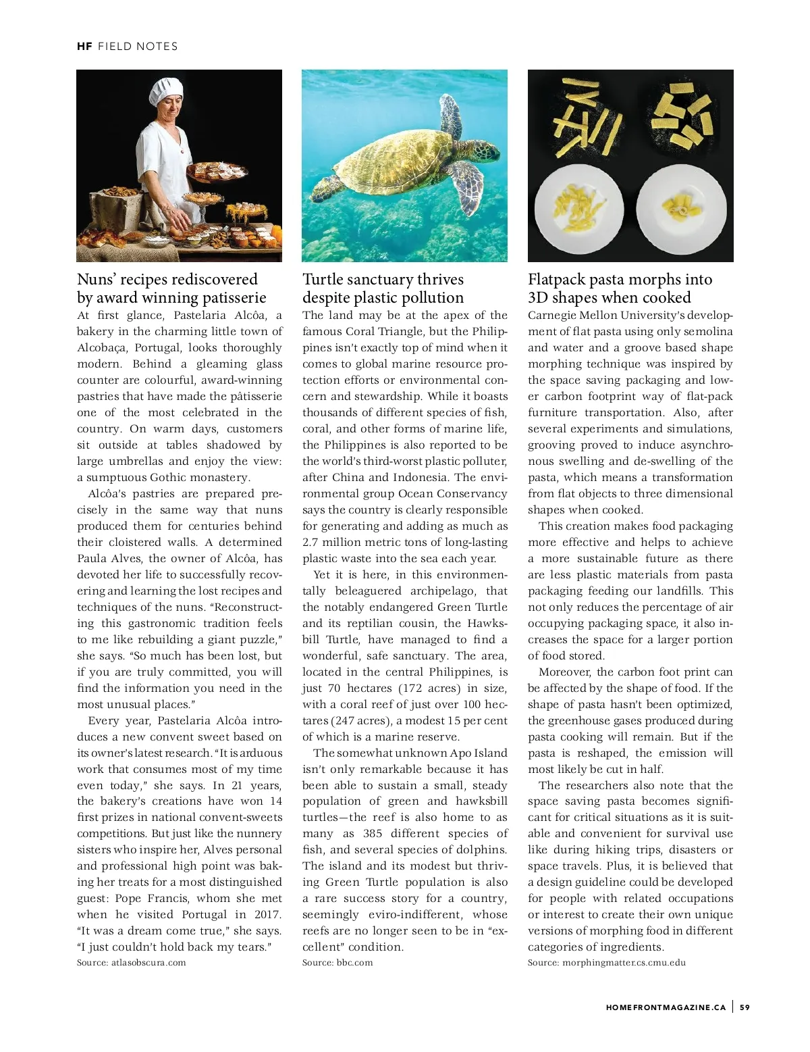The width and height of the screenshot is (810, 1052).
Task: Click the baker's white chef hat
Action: pyautogui.click(x=165, y=91)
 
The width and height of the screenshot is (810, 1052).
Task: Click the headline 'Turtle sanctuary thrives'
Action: pyautogui.click(x=383, y=280)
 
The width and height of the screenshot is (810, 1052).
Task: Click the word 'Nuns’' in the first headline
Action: pyautogui.click(x=97, y=280)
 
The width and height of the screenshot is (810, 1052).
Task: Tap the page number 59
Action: pyautogui.click(x=745, y=1007)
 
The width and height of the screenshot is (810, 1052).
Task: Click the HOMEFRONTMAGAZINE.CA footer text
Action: pyautogui.click(x=666, y=1007)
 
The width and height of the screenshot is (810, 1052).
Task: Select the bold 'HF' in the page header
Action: pyautogui.click(x=84, y=47)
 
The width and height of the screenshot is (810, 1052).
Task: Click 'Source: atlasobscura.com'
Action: pyautogui.click(x=132, y=963)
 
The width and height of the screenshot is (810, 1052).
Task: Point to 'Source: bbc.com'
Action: pyautogui.click(x=337, y=963)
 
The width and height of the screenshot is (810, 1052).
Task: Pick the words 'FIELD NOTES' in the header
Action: pyautogui.click(x=138, y=47)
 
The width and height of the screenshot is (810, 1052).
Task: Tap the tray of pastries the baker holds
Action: pyautogui.click(x=217, y=172)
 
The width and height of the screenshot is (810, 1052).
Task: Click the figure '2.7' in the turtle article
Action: pyautogui.click(x=310, y=543)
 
